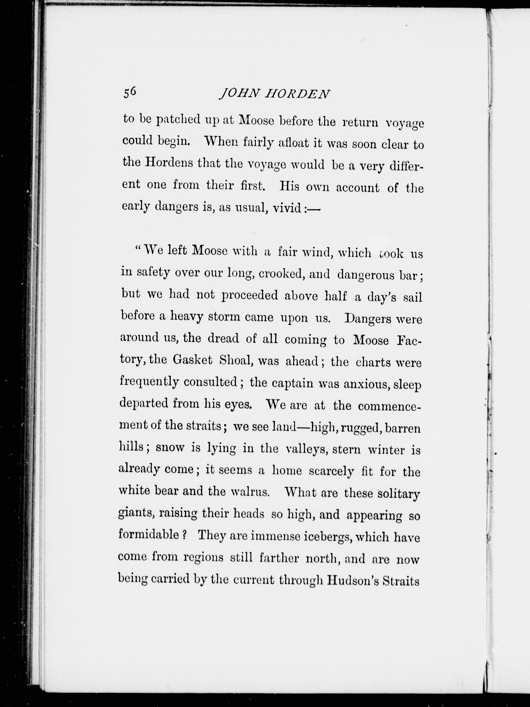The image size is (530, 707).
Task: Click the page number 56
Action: coord(130,92)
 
